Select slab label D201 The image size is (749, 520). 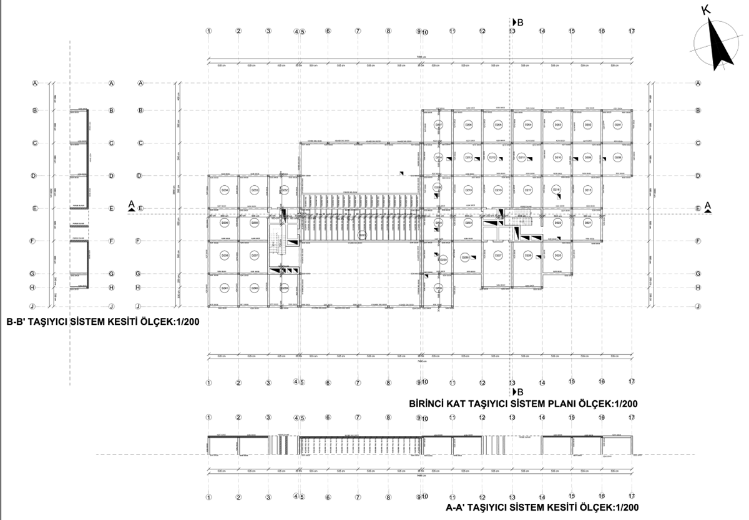click(617, 125)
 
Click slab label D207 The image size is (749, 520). click(438, 125)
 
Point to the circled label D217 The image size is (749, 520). click(527, 190)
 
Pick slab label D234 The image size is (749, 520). click(225, 190)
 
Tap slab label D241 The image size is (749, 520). click(225, 288)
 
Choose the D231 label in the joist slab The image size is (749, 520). click(361, 234)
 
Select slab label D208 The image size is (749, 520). click(617, 157)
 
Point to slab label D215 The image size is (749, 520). click(587, 190)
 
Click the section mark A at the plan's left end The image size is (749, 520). click(131, 204)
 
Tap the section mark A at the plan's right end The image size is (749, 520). click(707, 205)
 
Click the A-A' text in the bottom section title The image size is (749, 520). click(459, 508)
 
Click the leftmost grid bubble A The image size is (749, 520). click(36, 83)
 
